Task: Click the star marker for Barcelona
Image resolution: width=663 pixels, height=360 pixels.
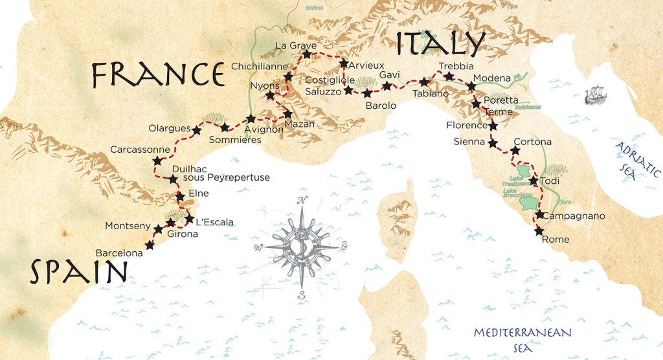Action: pos(150,245)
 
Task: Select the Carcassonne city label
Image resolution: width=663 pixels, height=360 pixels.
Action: pos(139,150)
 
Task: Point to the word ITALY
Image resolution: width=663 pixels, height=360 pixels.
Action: pos(440,43)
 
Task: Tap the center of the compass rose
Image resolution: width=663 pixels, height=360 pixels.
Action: pos(301,247)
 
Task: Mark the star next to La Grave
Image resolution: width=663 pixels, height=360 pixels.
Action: pos(306,55)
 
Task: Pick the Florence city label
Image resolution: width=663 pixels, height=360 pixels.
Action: pos(466,125)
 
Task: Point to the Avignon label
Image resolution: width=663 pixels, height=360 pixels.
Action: pos(264,129)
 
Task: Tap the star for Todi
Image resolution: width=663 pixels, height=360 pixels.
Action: pos(534,181)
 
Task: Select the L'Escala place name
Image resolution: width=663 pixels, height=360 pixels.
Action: pos(214,222)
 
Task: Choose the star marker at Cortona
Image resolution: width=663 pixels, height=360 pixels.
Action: pos(515,151)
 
